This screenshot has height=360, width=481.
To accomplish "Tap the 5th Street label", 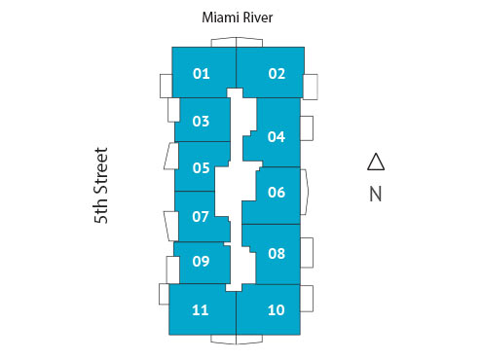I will tap(101, 186).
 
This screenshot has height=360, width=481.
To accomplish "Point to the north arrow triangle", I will tap(376, 162).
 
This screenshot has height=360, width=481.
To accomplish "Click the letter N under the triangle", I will tap(376, 193).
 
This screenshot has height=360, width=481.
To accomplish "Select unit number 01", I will tap(202, 73).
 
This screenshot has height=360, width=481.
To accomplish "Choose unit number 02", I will tap(277, 73).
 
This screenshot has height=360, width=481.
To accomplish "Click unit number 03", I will tap(202, 122).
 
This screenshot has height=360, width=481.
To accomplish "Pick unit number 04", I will tap(276, 136).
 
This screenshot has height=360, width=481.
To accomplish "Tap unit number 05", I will tap(202, 167).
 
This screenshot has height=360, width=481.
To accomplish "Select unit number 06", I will tap(276, 192).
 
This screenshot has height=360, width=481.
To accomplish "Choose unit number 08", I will tap(276, 253).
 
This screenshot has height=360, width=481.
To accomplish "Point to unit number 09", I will tap(202, 261).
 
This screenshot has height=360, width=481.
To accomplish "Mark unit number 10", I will tap(276, 310).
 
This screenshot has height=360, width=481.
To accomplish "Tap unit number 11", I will tap(201, 310).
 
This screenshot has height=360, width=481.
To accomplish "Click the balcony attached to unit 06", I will tap(305, 192).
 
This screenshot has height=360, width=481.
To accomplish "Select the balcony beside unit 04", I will tap(307, 128).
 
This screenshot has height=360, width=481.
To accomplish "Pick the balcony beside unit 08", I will tap(307, 252).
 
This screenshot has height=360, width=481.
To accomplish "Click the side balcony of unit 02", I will tap(310, 86).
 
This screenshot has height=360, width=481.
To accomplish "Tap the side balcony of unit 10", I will tap(307, 299).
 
